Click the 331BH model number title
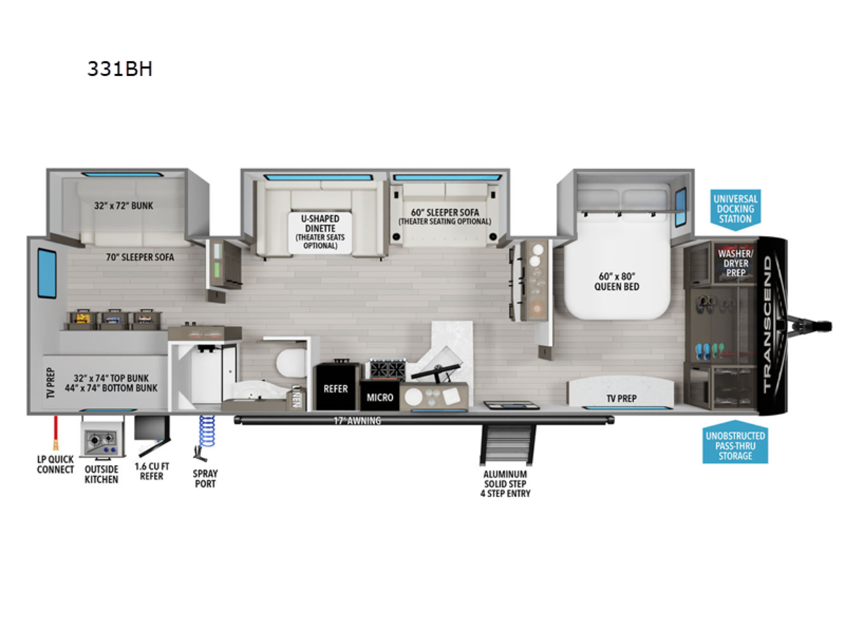(120, 70)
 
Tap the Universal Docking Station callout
(735, 209)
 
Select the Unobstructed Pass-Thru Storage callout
(735, 445)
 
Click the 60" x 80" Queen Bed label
(616, 281)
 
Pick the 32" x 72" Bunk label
(124, 206)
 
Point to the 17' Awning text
(357, 421)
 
